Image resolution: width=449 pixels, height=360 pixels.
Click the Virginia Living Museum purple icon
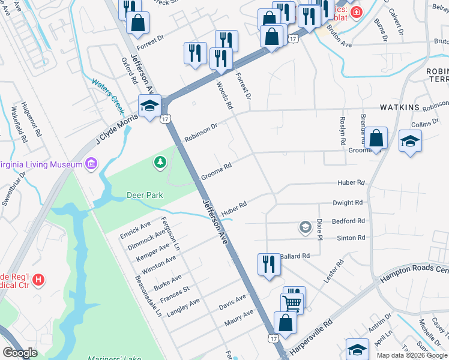point(91,164)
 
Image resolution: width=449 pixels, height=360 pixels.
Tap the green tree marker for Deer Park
point(160,161)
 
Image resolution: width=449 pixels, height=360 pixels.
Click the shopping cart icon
point(292,302)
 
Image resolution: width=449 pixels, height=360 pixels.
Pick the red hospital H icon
point(38,279)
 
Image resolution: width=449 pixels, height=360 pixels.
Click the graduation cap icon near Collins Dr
point(410,141)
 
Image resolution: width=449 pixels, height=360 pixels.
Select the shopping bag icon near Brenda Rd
point(376,139)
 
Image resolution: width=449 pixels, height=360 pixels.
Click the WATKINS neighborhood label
point(399,107)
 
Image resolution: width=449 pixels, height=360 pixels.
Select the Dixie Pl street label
point(320,228)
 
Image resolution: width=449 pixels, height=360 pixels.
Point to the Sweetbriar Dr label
point(13,189)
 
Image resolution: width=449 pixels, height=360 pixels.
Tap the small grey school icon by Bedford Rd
point(305,227)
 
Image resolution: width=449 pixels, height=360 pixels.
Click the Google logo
point(20,353)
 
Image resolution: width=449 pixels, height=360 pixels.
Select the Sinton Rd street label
point(351,238)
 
